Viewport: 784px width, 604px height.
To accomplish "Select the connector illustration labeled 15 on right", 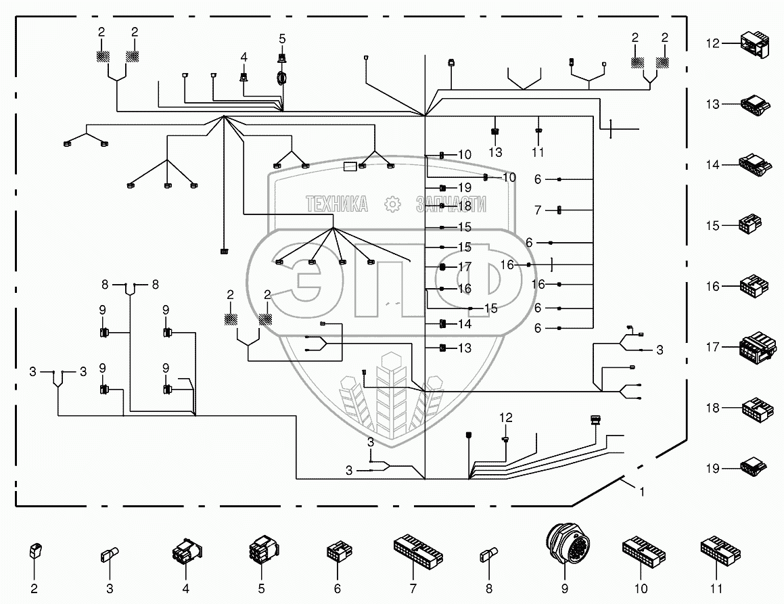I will pos(752,224).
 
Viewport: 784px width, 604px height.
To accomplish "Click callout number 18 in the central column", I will pos(464,206).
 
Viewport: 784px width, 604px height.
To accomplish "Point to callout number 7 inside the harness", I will pos(538,210).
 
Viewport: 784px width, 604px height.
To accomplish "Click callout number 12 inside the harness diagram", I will pos(507,417).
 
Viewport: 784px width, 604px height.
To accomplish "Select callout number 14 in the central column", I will pos(464,324).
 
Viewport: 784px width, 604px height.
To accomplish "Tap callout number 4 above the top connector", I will pos(244,57).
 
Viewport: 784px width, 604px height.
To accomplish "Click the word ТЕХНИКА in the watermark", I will pos(337,204).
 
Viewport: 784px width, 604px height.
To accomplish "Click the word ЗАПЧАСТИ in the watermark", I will pos(451,204).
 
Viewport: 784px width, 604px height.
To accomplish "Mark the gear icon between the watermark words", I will pos(391,204).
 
